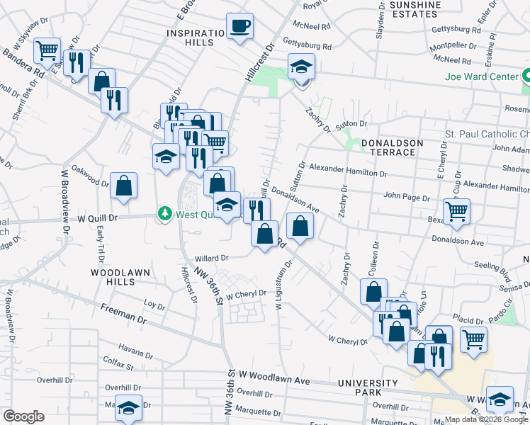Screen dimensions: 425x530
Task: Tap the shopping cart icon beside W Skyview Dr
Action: click(47, 50)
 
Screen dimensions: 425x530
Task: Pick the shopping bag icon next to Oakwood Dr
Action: click(123, 186)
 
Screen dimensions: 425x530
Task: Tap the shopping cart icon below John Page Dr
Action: click(456, 210)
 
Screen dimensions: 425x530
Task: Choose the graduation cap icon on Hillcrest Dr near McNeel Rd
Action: click(301, 67)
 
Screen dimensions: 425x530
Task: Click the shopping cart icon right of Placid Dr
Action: click(473, 338)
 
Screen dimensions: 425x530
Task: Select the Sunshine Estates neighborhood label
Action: click(415, 9)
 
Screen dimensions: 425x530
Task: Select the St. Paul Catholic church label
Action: click(487, 134)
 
